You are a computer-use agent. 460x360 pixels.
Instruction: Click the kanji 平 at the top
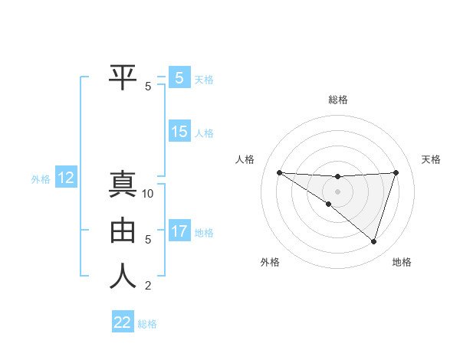coord(123,77)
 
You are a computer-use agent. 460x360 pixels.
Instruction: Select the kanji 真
coord(123,185)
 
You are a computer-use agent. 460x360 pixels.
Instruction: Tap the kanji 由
coord(123,231)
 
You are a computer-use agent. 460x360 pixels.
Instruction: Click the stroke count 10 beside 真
coord(148,194)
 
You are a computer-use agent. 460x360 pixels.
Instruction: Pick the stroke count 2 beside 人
coord(148,286)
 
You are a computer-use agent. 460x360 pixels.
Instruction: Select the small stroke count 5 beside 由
coord(148,240)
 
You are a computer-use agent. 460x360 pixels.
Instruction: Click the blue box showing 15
coord(179,132)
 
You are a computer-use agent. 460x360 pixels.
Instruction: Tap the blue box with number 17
coord(179,231)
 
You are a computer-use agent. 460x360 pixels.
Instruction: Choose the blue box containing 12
coord(66,178)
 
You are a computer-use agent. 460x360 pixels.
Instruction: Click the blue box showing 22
coord(123,322)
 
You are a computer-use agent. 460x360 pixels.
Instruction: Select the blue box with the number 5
coord(179,77)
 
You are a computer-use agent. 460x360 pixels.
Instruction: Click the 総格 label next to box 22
coord(147,324)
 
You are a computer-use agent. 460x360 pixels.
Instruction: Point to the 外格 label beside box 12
coord(41,179)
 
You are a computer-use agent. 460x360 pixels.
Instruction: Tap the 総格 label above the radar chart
coord(337,100)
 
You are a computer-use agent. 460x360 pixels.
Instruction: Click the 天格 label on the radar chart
coord(431,159)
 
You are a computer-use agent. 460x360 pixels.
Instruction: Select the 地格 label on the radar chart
coord(402,262)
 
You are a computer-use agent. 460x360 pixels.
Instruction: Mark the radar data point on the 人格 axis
coord(279,172)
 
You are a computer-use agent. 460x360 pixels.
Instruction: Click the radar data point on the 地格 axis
coord(373,241)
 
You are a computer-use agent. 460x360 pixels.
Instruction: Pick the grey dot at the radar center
coord(337,191)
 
